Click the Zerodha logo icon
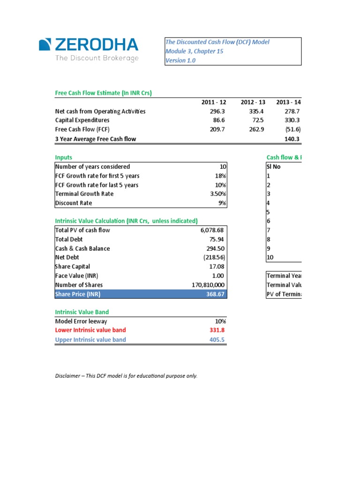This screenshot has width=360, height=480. (45, 45)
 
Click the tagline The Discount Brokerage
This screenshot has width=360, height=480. (97, 58)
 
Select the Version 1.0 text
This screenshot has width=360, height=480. (180, 60)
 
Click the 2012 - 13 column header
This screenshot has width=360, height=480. (253, 102)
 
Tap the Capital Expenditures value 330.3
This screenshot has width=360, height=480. (292, 120)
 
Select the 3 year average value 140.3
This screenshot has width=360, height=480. (292, 139)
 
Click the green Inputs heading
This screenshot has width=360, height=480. (64, 157)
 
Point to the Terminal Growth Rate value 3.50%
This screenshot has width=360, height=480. (217, 194)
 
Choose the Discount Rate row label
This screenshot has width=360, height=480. (74, 203)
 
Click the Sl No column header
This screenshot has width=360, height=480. (274, 166)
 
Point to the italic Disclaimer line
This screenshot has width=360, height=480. (126, 376)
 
